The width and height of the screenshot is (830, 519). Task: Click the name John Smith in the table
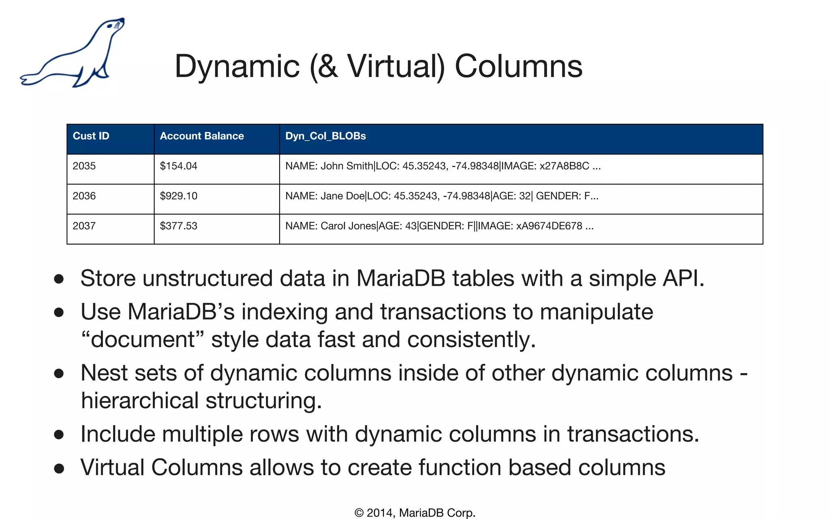pyautogui.click(x=347, y=166)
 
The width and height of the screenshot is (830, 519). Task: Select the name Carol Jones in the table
pyautogui.click(x=348, y=226)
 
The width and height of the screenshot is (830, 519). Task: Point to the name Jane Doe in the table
pyautogui.click(x=342, y=196)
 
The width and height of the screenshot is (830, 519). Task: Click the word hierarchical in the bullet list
pyautogui.click(x=140, y=401)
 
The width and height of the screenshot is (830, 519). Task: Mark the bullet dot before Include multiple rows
pyautogui.click(x=59, y=435)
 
